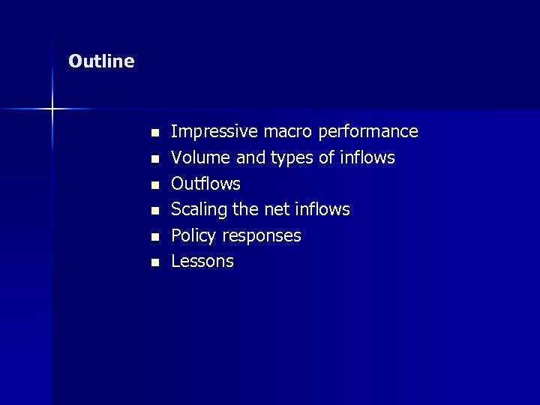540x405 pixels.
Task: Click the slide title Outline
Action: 101,61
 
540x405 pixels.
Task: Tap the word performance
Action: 368,133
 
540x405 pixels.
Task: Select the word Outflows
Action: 206,184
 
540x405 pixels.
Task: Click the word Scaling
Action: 198,210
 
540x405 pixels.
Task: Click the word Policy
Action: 192,236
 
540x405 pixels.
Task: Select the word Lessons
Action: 202,262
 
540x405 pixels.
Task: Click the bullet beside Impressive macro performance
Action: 154,133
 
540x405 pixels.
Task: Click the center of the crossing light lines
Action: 52,109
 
